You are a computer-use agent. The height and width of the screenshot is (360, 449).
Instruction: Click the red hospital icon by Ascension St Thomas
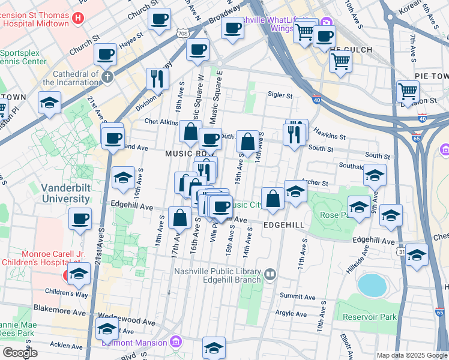coord(77,18)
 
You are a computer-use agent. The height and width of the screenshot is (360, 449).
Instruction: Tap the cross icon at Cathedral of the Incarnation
coord(107,77)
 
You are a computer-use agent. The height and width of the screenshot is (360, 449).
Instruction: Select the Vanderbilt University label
coord(65,193)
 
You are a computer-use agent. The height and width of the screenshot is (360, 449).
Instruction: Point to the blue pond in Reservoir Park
coord(372,285)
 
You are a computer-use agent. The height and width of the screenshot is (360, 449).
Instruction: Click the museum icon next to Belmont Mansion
coord(175,343)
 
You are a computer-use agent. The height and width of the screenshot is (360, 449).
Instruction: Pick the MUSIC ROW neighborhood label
coord(189,154)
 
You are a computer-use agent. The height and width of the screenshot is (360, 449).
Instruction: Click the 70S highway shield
coord(182,34)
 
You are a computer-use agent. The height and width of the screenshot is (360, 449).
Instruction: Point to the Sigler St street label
coord(280,95)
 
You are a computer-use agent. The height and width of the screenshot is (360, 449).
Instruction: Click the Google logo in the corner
coord(20,353)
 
